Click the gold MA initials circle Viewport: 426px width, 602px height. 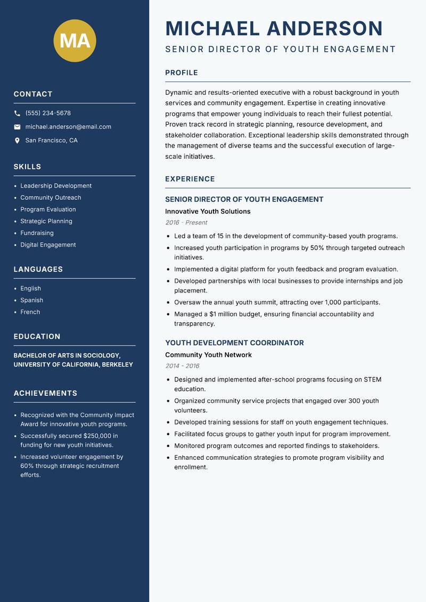75,40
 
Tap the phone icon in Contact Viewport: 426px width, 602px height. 17,113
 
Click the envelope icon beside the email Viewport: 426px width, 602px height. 17,127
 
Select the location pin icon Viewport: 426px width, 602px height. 17,141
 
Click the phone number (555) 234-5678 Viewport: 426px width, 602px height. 48,113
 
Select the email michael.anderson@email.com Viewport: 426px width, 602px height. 68,127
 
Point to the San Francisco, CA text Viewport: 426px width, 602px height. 51,141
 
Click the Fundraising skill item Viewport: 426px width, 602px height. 37,233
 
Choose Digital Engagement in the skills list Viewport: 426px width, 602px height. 48,245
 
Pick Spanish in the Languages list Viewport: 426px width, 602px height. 32,300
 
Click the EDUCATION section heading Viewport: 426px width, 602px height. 37,337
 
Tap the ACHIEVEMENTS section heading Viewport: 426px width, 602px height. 45,393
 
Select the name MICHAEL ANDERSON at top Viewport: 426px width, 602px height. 274,28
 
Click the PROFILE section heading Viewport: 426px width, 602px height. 181,73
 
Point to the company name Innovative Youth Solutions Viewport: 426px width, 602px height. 208,211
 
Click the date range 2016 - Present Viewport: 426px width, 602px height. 186,223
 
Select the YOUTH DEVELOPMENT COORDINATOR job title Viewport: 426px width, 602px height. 234,343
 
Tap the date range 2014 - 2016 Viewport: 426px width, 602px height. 182,366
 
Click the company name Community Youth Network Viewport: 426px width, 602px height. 208,355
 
